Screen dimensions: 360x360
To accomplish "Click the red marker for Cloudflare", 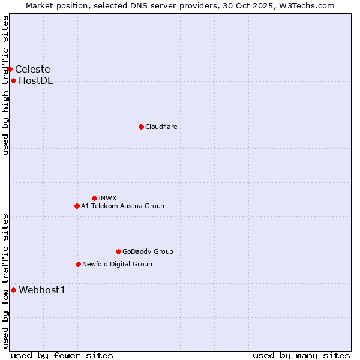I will [141, 127].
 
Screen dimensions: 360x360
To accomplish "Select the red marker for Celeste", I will [10, 69].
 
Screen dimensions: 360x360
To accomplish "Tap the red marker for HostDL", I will [13, 81].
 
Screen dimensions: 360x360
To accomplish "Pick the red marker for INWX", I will [94, 198].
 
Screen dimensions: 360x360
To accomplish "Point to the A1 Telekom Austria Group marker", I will [77, 206].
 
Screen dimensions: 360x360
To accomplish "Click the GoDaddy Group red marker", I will [118, 251].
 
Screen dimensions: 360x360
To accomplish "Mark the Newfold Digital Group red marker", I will [78, 264].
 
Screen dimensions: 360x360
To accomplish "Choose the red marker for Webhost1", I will [13, 290].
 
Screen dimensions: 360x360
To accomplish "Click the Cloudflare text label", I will [161, 127].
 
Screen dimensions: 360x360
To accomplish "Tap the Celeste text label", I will [32, 69].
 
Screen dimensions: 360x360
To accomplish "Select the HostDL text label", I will [35, 81].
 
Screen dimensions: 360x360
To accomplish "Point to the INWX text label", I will [107, 198].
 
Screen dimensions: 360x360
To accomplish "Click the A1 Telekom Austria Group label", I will [122, 206].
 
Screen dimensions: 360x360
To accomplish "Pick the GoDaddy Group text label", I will [148, 251].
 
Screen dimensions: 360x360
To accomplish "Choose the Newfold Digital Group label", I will [117, 264].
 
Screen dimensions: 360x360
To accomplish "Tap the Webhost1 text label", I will [42, 290].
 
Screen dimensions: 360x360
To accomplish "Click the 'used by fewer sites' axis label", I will [62, 355].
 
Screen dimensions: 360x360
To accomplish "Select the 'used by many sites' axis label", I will [301, 355].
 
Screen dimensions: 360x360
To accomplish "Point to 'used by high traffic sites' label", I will [5, 85].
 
